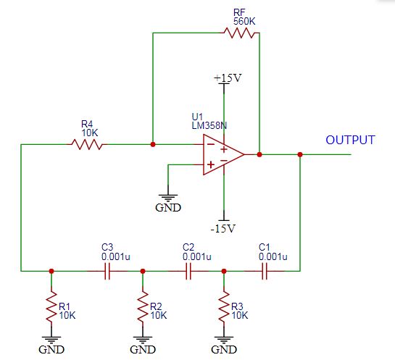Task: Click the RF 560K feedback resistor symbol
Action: pyautogui.click(x=241, y=33)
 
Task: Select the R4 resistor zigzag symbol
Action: pyautogui.click(x=87, y=144)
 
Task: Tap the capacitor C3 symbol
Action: pyautogui.click(x=107, y=271)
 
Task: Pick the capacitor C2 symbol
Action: pyautogui.click(x=188, y=271)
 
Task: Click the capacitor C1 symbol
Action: pyautogui.click(x=265, y=271)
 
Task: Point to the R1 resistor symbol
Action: pyautogui.click(x=51, y=306)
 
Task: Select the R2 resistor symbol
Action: pyautogui.click(x=143, y=306)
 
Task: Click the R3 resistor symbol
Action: pyautogui.click(x=224, y=306)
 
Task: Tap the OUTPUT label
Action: pyautogui.click(x=350, y=140)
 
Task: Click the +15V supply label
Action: pyautogui.click(x=228, y=78)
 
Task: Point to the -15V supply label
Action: pyautogui.click(x=223, y=229)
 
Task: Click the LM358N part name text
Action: pyautogui.click(x=209, y=125)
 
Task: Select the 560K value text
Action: pyautogui.click(x=244, y=22)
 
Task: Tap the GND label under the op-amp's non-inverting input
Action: pyautogui.click(x=168, y=208)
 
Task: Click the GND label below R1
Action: pyautogui.click(x=51, y=349)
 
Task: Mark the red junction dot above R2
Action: pyautogui.click(x=143, y=271)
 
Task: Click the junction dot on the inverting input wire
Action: pyautogui.click(x=153, y=144)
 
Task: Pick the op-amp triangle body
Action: pyautogui.click(x=222, y=154)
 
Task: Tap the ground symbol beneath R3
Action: pyautogui.click(x=224, y=340)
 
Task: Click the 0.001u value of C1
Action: pyautogui.click(x=273, y=257)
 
